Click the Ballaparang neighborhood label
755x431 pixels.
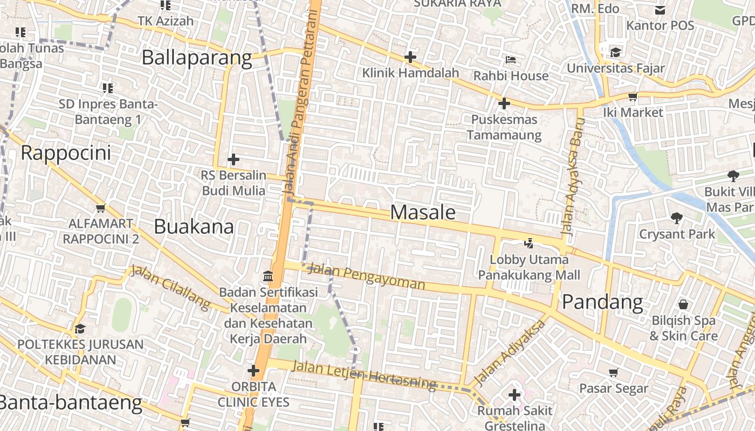[x=197, y=58]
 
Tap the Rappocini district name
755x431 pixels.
[x=66, y=153]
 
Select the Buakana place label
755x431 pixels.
[x=194, y=227]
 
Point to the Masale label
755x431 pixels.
[x=423, y=212]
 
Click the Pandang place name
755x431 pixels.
[x=602, y=302]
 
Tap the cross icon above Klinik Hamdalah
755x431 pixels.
[x=410, y=57]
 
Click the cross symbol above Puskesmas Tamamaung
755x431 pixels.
[x=504, y=103]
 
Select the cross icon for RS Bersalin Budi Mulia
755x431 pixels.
[x=234, y=159]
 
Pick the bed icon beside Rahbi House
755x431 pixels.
[x=511, y=59]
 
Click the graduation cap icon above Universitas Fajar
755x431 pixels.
[x=615, y=52]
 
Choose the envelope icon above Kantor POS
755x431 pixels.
[x=660, y=10]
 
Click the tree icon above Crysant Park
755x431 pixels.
[x=677, y=218]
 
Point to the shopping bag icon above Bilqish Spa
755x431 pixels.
[x=683, y=304]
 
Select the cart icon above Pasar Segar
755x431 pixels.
[x=614, y=372]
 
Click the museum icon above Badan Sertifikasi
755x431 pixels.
[x=267, y=276]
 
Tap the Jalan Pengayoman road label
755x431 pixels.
[x=366, y=276]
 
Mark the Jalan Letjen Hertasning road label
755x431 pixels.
[x=364, y=374]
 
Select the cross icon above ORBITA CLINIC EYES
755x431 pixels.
[x=253, y=371]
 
